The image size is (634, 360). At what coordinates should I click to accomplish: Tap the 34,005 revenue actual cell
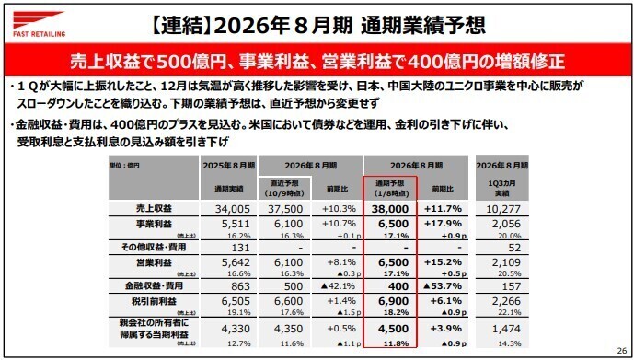click(x=227, y=209)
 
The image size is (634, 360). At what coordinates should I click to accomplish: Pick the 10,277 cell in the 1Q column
click(x=501, y=209)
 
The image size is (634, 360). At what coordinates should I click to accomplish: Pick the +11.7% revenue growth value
click(x=444, y=209)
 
